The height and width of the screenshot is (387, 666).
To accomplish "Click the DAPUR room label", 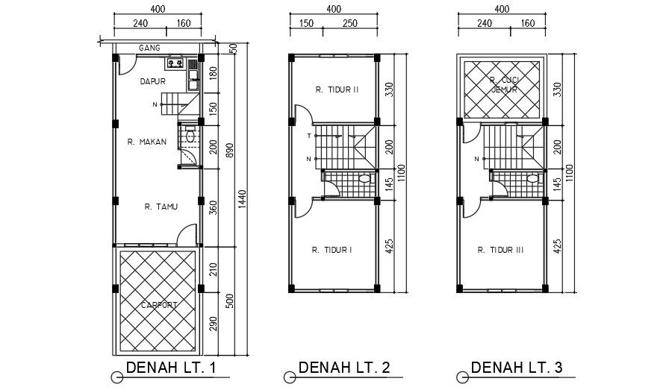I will [x=152, y=83].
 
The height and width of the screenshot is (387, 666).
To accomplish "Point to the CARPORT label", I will [x=158, y=305].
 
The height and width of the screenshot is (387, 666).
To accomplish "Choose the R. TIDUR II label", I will [x=337, y=89].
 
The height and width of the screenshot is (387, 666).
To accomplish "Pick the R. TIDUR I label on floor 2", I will [x=332, y=250].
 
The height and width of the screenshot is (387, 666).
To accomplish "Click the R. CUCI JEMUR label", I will [x=503, y=84].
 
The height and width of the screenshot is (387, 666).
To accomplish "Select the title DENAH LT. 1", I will [x=172, y=368].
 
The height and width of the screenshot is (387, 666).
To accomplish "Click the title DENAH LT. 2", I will [x=343, y=368].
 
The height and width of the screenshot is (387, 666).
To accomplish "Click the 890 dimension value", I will [x=230, y=149].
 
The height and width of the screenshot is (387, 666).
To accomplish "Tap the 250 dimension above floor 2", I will [x=349, y=23].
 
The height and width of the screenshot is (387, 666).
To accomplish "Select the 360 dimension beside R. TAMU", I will [x=213, y=207].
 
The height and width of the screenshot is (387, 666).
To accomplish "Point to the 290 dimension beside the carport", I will [x=213, y=323].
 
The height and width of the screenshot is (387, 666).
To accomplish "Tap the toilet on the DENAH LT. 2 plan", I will [x=364, y=179].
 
